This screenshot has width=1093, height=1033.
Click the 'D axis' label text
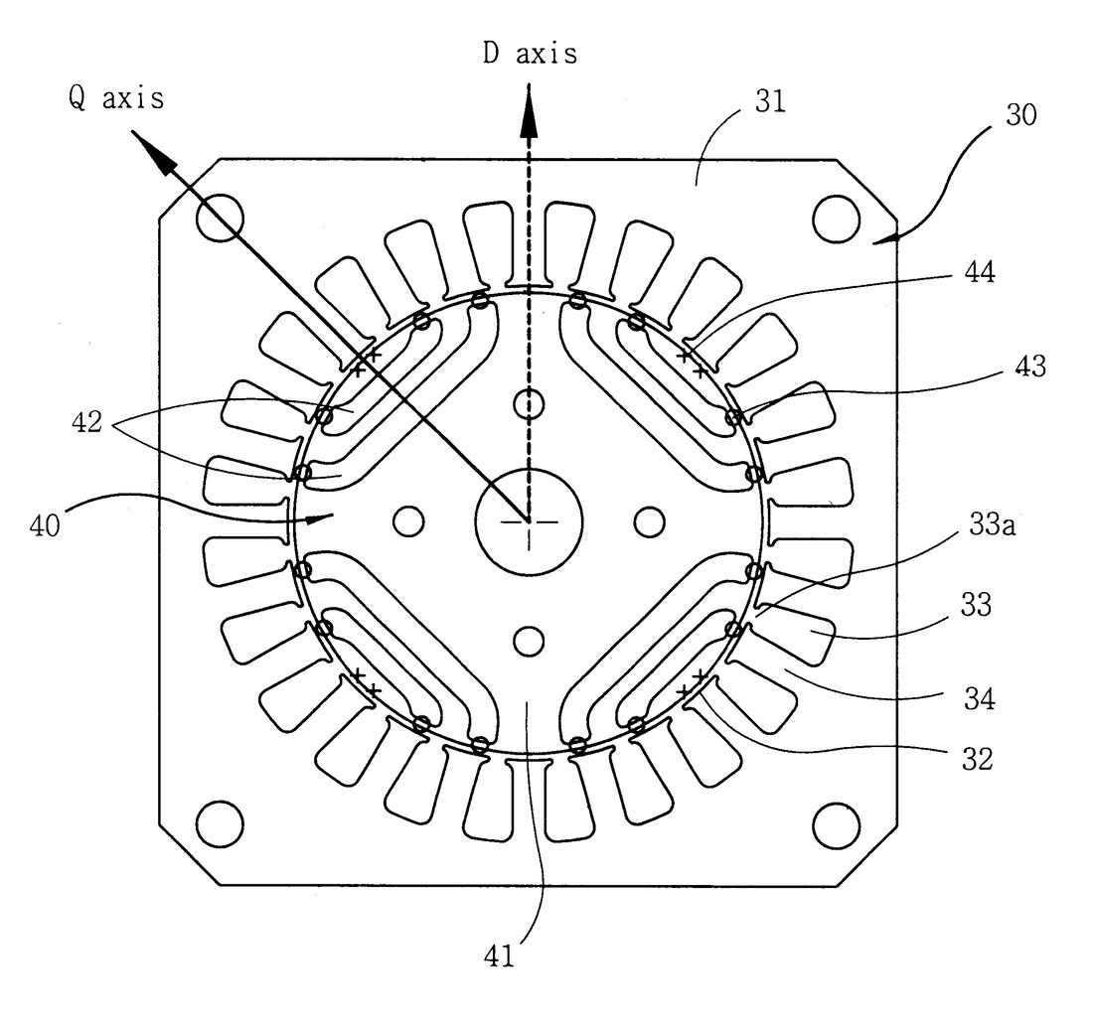coord(530,54)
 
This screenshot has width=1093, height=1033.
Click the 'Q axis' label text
coord(116,97)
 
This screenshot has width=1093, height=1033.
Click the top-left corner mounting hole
coord(219,218)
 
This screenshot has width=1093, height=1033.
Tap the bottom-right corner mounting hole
coord(836,823)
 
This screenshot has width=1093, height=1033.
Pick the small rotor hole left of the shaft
coord(407,519)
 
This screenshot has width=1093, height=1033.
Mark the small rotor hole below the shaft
coord(529,640)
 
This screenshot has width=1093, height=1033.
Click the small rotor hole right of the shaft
coord(650,519)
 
